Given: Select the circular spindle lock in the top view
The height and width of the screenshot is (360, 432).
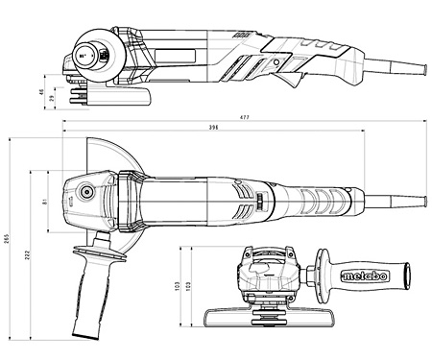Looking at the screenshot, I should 87,191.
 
